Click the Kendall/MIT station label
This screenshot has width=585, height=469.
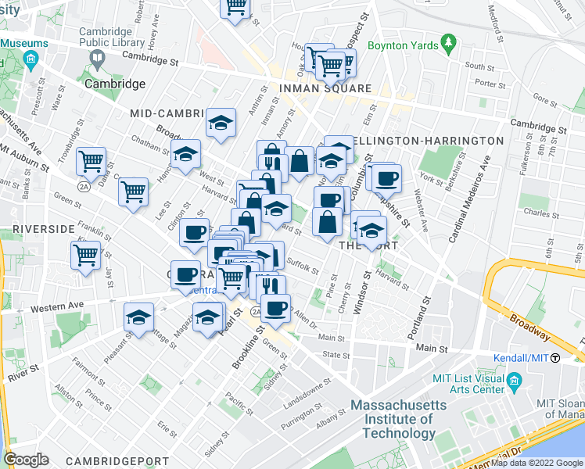pyautogui.click(x=520, y=358)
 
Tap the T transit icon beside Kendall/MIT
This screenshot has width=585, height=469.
pyautogui.click(x=554, y=358)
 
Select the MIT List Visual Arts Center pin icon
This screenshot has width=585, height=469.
pyautogui.click(x=514, y=381)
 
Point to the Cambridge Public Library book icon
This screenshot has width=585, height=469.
pyautogui.click(x=98, y=57)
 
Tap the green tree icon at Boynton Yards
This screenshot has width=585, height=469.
pyautogui.click(x=448, y=40)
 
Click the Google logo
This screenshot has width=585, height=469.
pyautogui.click(x=26, y=460)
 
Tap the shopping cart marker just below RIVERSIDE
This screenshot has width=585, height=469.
pyautogui.click(x=85, y=253)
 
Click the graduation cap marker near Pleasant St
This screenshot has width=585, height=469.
pyautogui.click(x=138, y=317)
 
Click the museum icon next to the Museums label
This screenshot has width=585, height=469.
pyautogui.click(x=31, y=59)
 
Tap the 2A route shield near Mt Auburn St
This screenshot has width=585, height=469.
pyautogui.click(x=84, y=187)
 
